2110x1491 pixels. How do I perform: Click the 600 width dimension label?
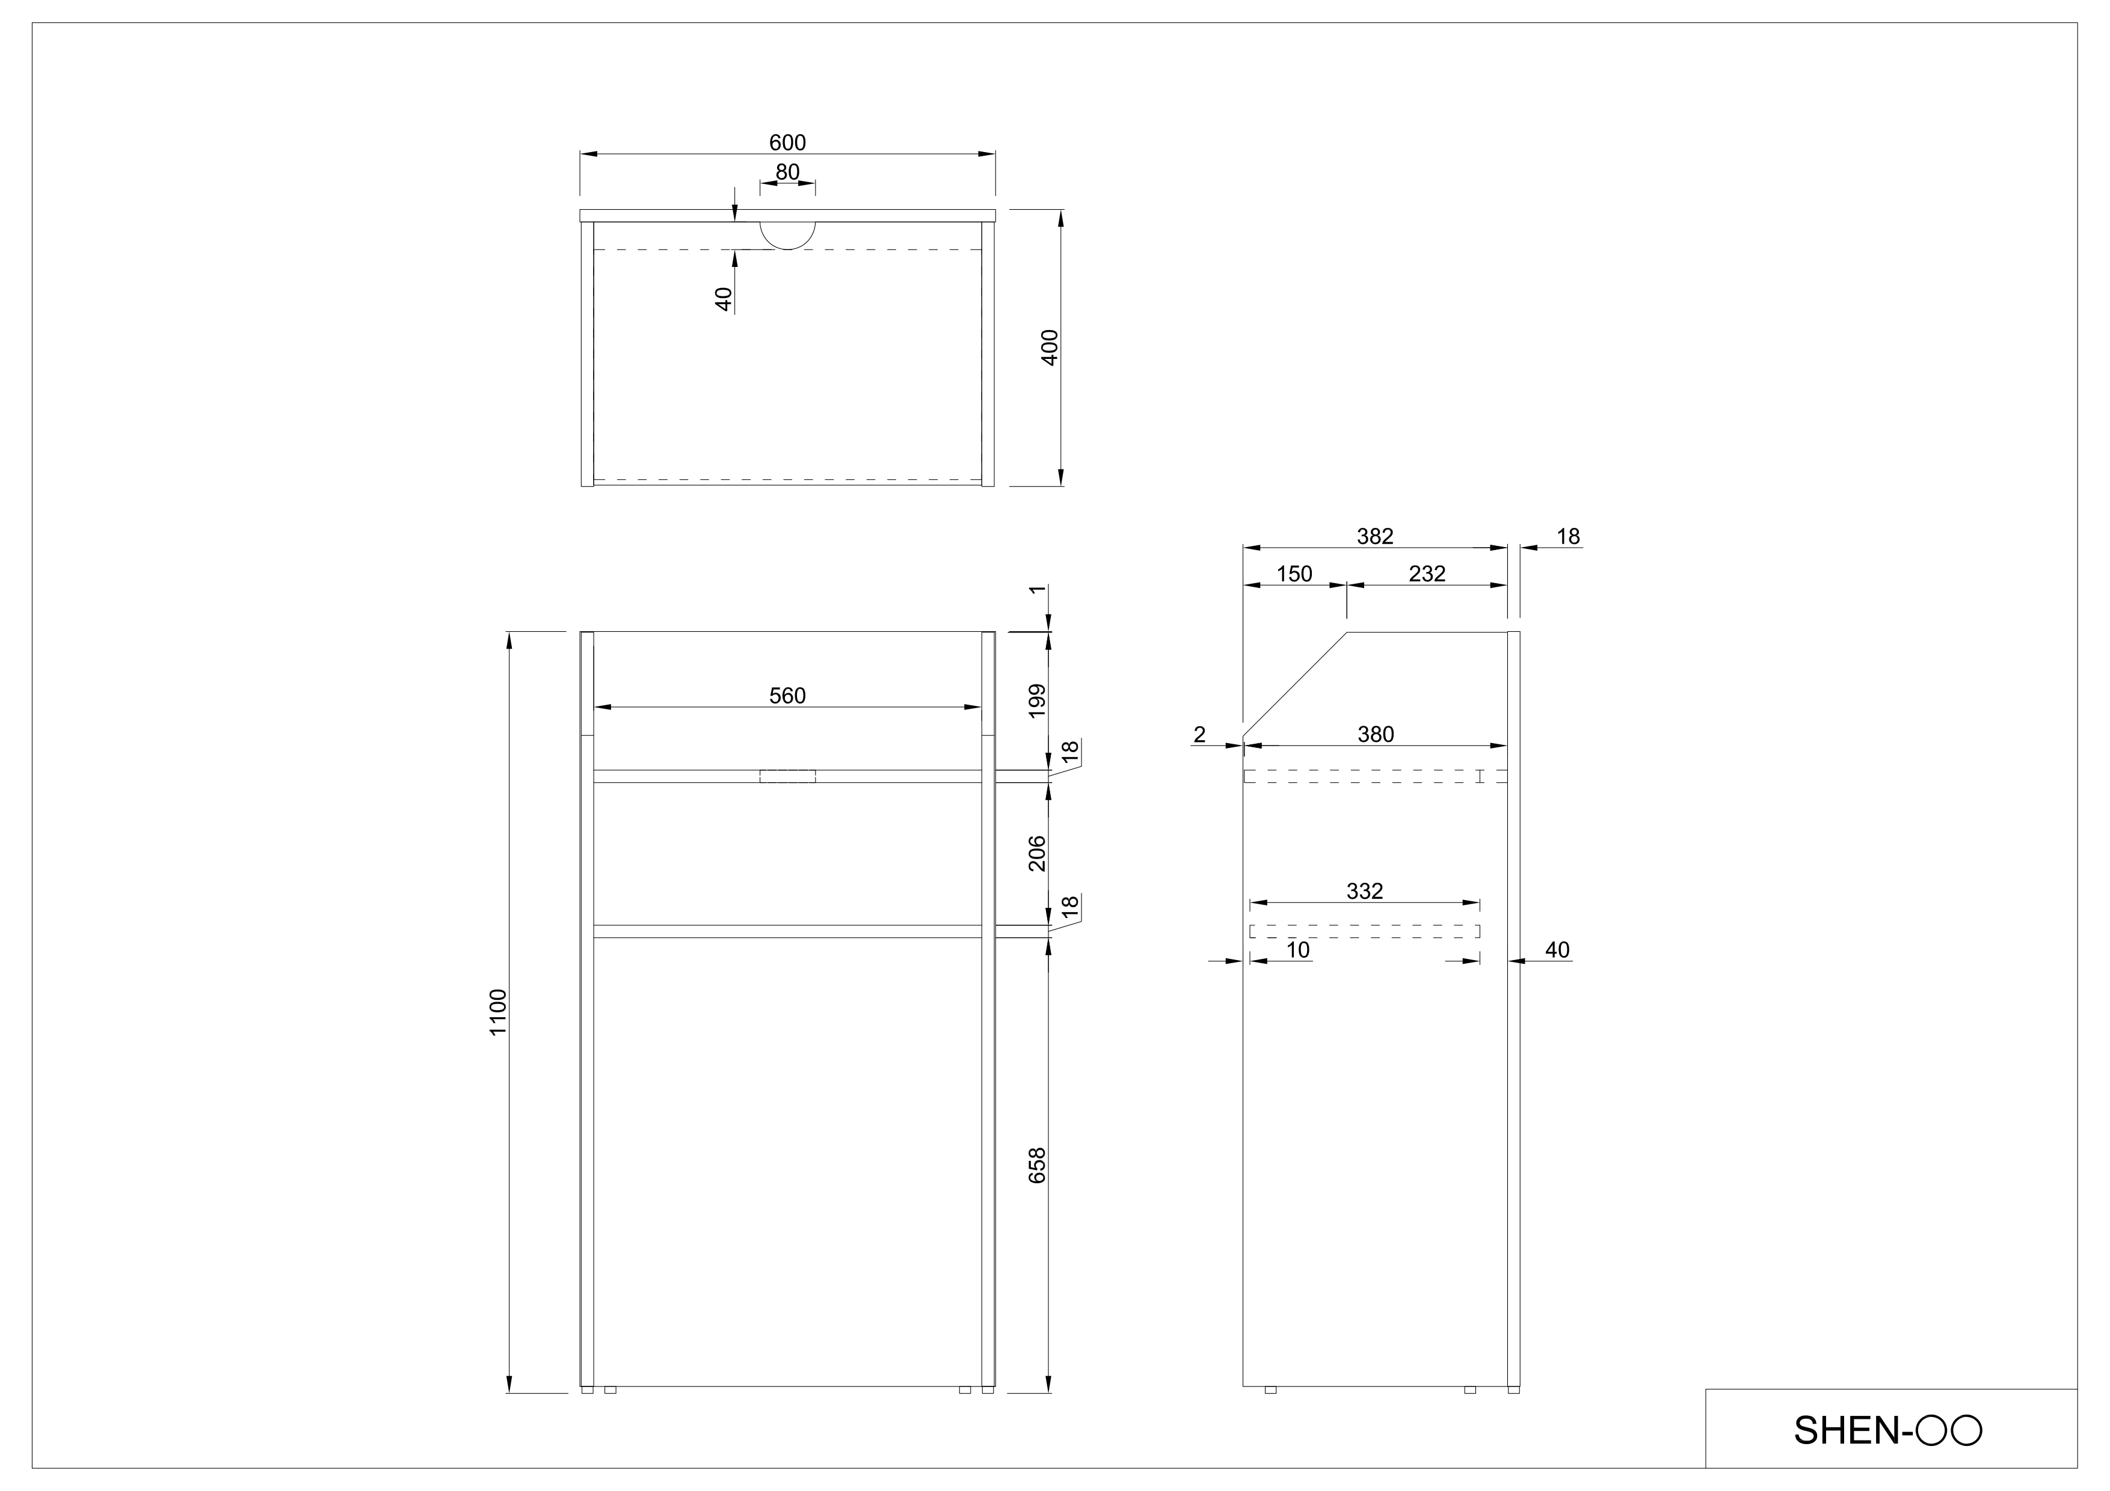[x=787, y=142]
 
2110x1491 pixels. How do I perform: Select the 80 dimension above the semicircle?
[x=787, y=172]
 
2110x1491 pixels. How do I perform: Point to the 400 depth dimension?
[x=1050, y=347]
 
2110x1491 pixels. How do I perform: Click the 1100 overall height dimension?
[x=497, y=1012]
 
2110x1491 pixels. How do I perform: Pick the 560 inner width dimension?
[x=787, y=696]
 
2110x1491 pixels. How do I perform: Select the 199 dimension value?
[x=1036, y=701]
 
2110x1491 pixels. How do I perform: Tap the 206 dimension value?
[x=1036, y=854]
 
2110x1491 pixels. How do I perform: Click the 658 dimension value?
[x=1036, y=1165]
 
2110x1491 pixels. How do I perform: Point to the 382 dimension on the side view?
[x=1375, y=536]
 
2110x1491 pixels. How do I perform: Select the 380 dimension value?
[x=1375, y=734]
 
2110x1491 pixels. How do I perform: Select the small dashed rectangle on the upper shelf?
[x=787, y=776]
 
